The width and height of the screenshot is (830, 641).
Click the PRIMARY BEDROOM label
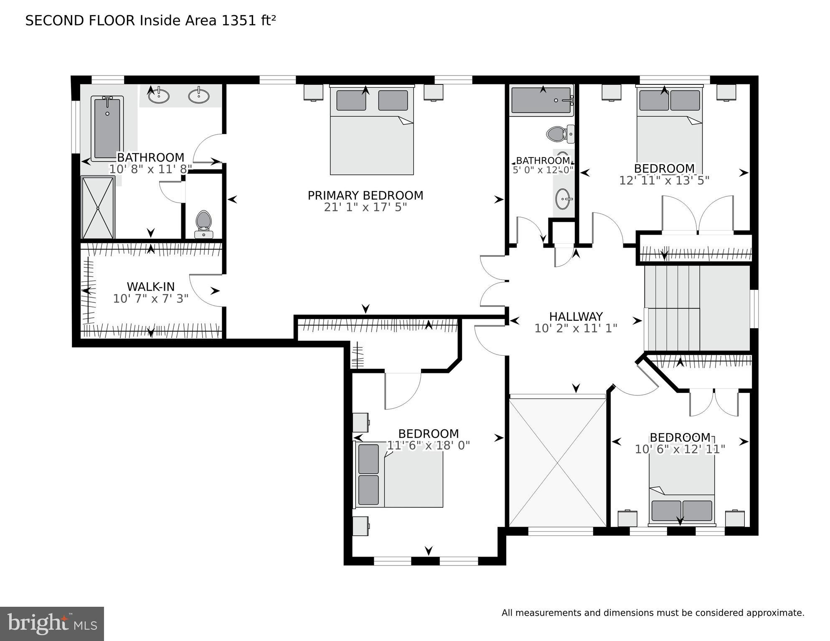(x=365, y=195)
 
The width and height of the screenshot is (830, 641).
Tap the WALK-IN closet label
(x=150, y=287)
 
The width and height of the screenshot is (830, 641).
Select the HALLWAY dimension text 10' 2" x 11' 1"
(x=576, y=329)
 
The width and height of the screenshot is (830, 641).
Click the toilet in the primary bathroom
(x=203, y=224)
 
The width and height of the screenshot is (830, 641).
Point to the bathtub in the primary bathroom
(x=107, y=128)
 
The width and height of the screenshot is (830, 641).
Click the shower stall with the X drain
(x=98, y=208)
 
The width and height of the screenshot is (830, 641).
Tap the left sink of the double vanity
(x=159, y=96)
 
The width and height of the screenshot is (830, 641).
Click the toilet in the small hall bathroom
(x=558, y=134)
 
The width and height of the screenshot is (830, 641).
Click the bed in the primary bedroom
(x=371, y=131)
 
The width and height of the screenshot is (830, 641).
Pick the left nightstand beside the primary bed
(x=313, y=92)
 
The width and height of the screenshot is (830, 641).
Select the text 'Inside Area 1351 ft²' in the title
(x=208, y=20)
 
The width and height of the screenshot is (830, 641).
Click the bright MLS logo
(x=52, y=623)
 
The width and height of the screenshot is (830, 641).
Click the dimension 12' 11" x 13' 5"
(x=664, y=180)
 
